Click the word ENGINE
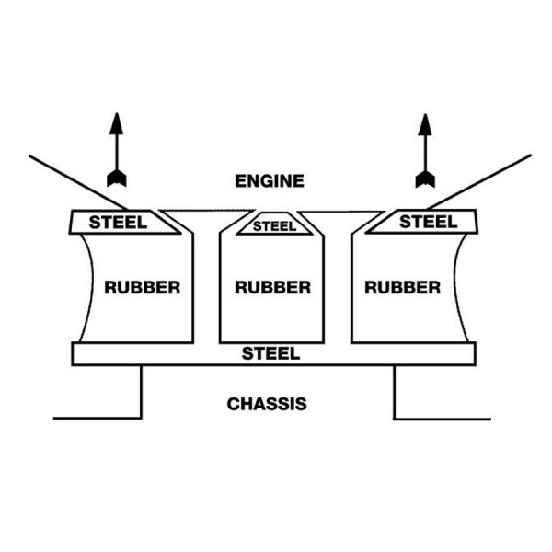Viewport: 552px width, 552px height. pos(269,180)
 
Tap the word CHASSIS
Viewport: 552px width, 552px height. pos(267,403)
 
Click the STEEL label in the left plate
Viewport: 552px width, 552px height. pos(117,222)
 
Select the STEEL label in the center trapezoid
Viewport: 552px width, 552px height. pos(273,224)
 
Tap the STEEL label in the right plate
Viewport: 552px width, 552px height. pos(429,222)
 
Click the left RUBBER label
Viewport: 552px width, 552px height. pos(143,286)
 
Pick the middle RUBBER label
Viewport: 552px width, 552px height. pos(272,286)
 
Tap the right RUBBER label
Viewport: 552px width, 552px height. pos(402,286)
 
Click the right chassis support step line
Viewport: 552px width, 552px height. pos(396,392)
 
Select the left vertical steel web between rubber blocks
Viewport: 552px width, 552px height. pos(208,285)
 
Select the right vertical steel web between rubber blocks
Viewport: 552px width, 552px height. pos(340,285)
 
